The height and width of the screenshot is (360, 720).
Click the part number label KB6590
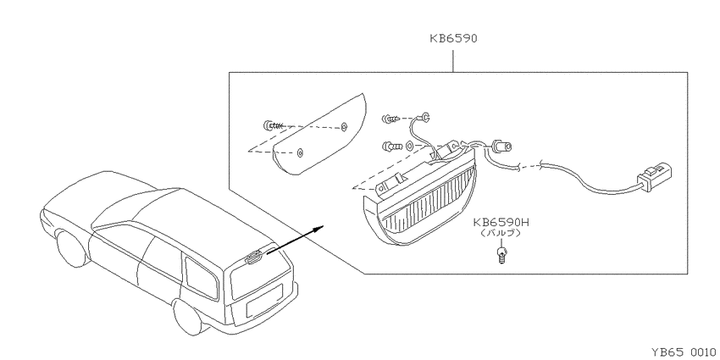coord(453,38)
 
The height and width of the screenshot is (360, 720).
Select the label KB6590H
coord(501,223)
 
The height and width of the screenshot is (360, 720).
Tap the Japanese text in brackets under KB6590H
coord(501,233)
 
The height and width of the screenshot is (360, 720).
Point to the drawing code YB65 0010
coord(684,352)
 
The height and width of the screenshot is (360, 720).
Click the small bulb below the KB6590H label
coord(502,254)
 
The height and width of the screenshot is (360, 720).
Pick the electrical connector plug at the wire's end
coord(654,176)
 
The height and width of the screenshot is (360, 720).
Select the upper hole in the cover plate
coord(345,127)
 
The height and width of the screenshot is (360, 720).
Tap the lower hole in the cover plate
coord(300,153)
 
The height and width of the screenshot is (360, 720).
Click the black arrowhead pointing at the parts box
coord(319,227)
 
